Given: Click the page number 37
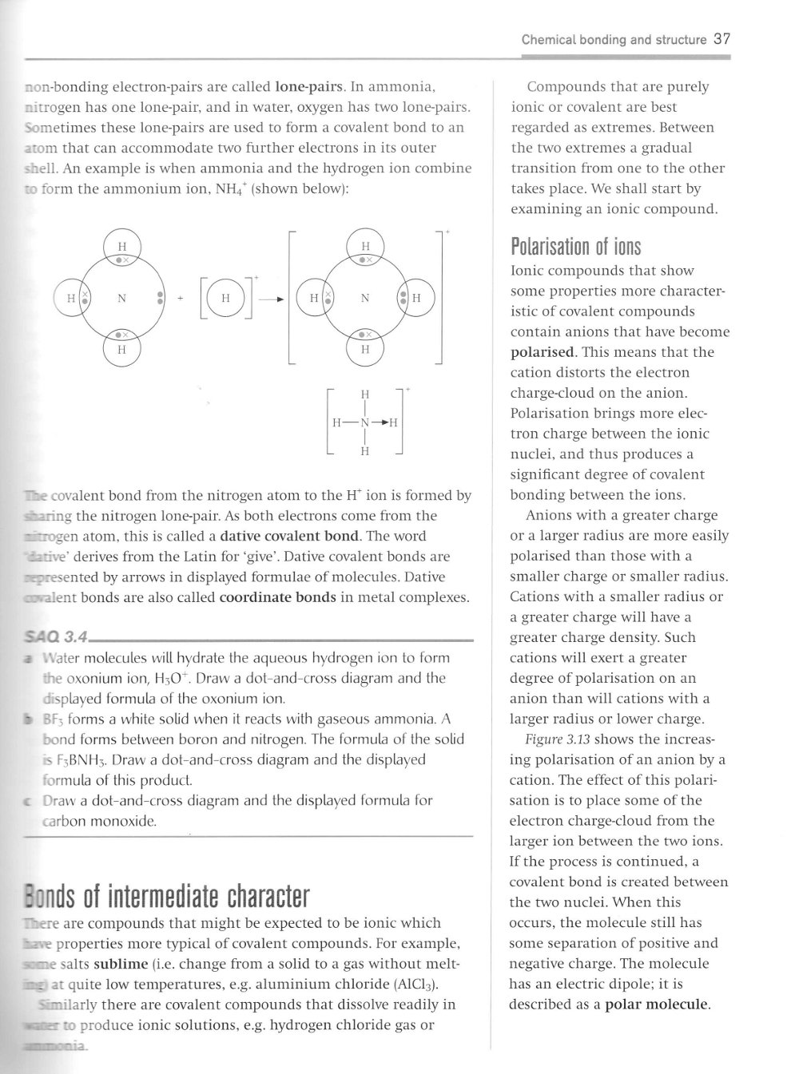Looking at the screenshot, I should click(x=722, y=38).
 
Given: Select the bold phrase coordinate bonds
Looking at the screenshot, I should click(x=277, y=597).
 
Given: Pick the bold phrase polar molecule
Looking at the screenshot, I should click(x=657, y=1004).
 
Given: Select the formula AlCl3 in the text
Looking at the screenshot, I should click(x=416, y=984).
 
